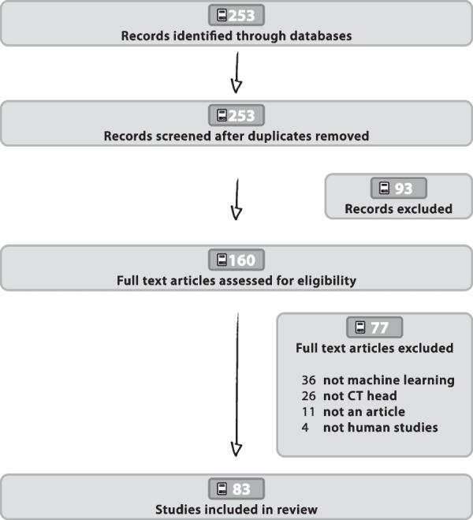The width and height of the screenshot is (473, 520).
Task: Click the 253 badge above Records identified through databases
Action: coord(236,14)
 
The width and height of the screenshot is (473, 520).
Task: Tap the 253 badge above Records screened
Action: coord(236,116)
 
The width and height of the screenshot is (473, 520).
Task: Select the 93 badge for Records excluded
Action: coord(398,188)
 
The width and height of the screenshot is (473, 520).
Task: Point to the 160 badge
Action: coord(236,260)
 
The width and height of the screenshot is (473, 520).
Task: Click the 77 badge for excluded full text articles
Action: coord(374,327)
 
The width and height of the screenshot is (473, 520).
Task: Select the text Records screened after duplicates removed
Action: coord(236,136)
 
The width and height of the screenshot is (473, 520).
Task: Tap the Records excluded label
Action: coord(398,209)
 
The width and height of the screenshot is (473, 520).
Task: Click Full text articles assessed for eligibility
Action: coord(236,279)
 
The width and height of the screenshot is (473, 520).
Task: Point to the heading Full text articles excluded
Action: coord(374,348)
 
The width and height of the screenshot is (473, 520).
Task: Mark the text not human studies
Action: coord(380,428)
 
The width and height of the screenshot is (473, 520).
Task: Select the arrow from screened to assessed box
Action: coord(236,201)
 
